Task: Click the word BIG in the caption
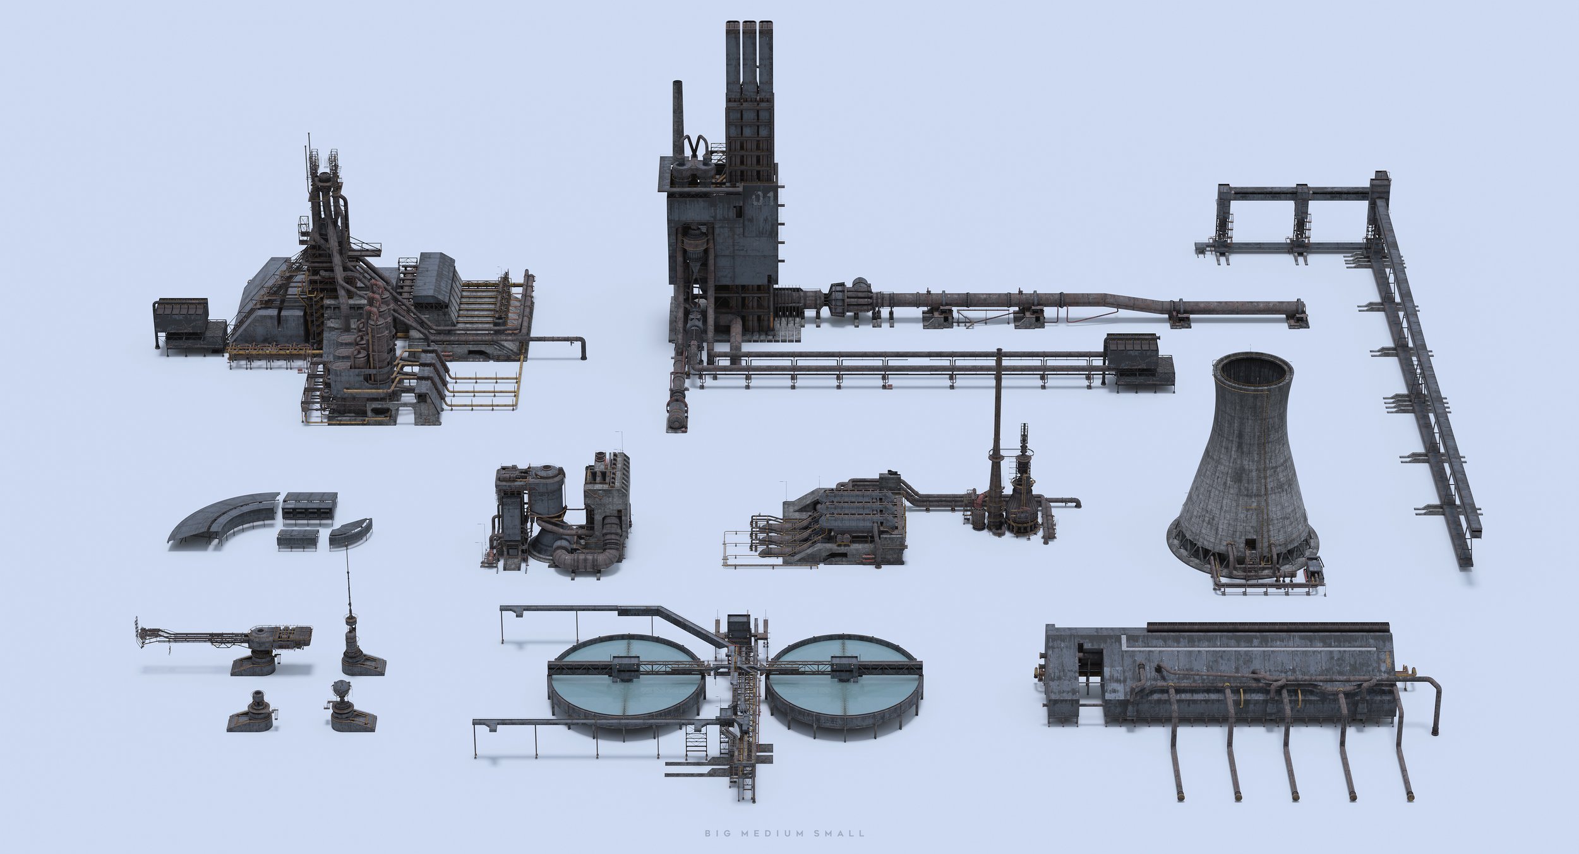[x=714, y=833]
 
